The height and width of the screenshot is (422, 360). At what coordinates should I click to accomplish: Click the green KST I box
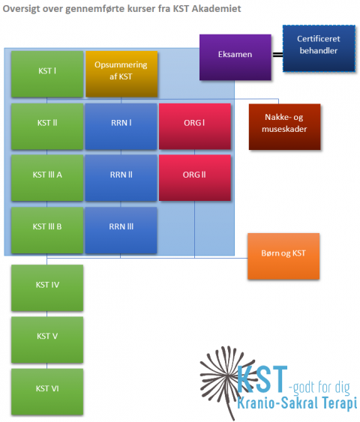[47, 74]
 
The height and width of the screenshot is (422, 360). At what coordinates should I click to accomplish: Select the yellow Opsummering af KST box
[121, 74]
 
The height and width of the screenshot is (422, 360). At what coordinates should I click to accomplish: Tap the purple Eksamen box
[235, 57]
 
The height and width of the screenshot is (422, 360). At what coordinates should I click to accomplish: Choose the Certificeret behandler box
[319, 49]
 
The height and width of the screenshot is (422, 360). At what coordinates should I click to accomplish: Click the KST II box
[47, 127]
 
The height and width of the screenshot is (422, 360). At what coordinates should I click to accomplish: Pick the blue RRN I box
[121, 127]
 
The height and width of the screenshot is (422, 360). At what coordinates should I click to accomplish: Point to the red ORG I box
[195, 127]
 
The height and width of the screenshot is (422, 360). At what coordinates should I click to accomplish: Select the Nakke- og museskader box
[284, 127]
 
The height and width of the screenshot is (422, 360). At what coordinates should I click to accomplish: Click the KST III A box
[47, 178]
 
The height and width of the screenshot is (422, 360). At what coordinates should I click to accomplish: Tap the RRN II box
[121, 178]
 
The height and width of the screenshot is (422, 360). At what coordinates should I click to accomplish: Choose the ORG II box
[195, 178]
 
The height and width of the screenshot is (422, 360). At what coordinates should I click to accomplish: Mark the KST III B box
[47, 230]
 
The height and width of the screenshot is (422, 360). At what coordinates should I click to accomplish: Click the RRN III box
[121, 230]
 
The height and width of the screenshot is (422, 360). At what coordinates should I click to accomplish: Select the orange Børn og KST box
[283, 256]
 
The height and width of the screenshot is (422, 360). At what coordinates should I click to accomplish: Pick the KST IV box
[47, 288]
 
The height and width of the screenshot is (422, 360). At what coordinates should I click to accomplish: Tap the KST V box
[47, 340]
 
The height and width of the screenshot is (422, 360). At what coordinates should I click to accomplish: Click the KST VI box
[47, 392]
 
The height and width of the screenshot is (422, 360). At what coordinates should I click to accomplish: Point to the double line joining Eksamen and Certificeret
[277, 55]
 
